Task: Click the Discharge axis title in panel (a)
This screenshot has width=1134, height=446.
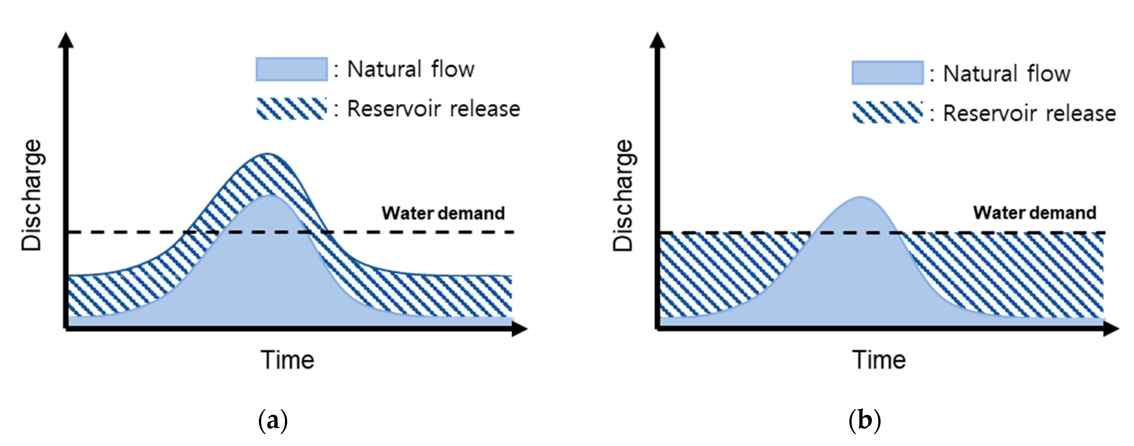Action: coord(32,195)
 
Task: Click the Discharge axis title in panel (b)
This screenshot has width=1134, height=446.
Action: coord(623,195)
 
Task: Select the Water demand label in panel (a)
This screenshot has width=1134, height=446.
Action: coord(443,213)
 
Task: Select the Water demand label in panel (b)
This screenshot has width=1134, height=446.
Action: coord(1034,213)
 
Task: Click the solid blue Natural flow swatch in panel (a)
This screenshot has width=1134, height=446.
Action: coord(291,69)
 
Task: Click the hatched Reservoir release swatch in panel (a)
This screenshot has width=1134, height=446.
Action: coord(291,109)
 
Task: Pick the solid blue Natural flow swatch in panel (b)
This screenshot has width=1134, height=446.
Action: coord(888,73)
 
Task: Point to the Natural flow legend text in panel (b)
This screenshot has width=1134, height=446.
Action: coord(1006,74)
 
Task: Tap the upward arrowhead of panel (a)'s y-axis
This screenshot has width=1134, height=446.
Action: coord(66,39)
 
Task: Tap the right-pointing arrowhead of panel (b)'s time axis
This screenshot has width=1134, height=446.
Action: coord(1111,328)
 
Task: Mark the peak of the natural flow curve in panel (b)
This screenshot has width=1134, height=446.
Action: coord(861,197)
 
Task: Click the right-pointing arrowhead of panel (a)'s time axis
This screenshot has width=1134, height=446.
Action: coord(520,328)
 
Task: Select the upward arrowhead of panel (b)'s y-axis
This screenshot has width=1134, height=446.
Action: coord(657,39)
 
